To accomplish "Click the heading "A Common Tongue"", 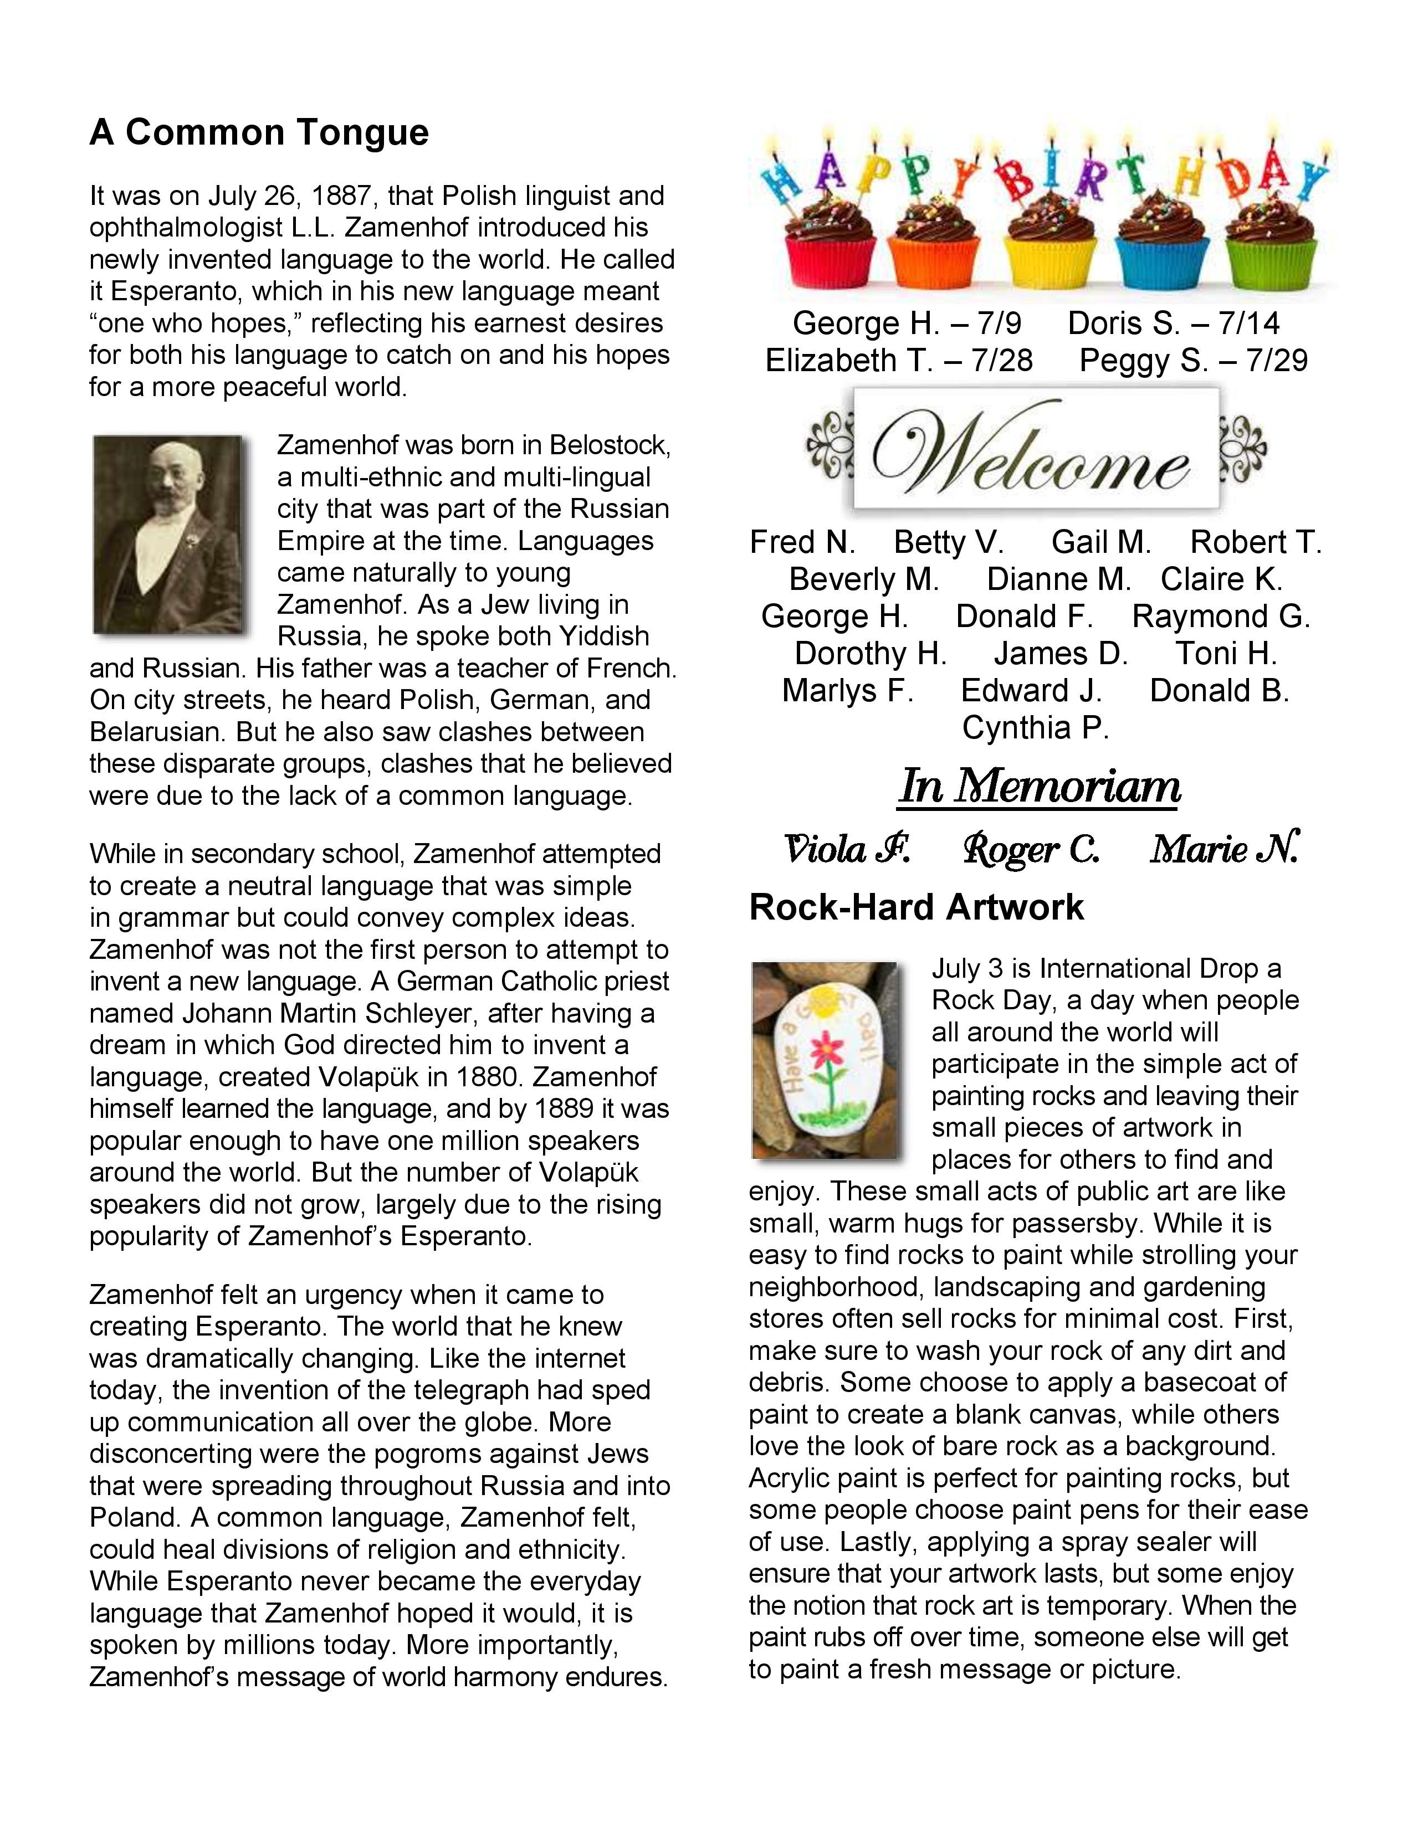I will click(x=259, y=132).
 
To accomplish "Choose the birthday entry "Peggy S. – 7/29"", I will click(x=1193, y=361).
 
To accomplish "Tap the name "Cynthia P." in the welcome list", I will click(x=1036, y=727).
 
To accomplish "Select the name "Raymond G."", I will click(x=1221, y=617).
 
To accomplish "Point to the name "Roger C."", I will click(x=1031, y=850).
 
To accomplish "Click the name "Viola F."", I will click(x=847, y=850).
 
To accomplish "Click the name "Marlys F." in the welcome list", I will click(x=847, y=691).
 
